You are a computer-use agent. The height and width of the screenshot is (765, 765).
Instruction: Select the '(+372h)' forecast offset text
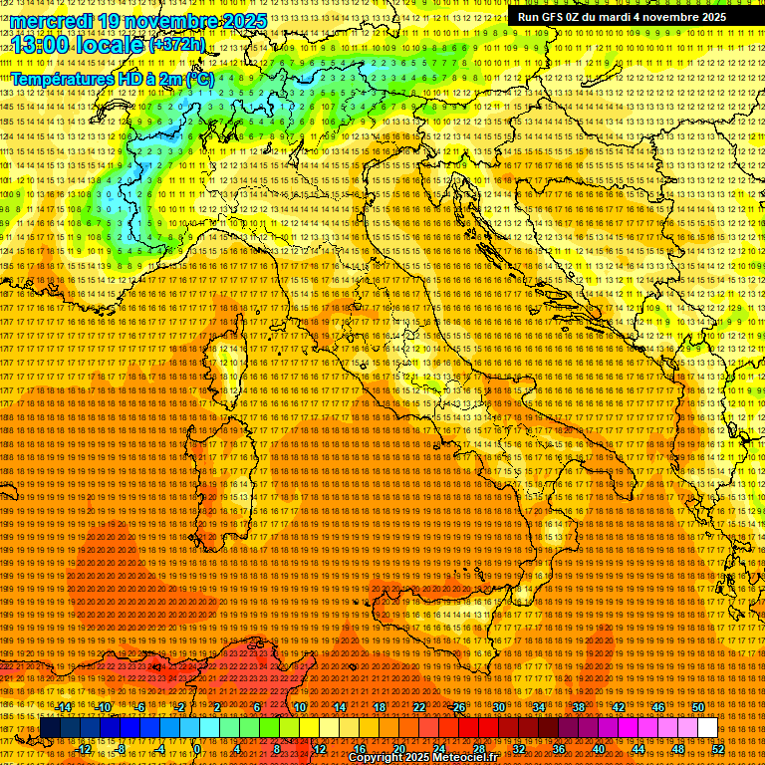point(177,45)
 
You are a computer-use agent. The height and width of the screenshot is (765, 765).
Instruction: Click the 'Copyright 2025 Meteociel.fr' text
point(422,758)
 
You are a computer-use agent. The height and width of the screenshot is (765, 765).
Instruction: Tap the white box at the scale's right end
point(707,728)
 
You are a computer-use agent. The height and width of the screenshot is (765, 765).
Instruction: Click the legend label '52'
point(717,748)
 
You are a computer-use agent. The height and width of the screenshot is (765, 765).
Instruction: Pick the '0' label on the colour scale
point(197,748)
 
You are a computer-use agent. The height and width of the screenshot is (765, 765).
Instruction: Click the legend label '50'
point(697,707)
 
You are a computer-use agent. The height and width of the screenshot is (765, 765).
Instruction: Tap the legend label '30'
point(498,707)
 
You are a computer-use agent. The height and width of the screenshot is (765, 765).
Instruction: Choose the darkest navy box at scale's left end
point(50,728)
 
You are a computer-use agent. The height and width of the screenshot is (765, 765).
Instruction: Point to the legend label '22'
point(419,707)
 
